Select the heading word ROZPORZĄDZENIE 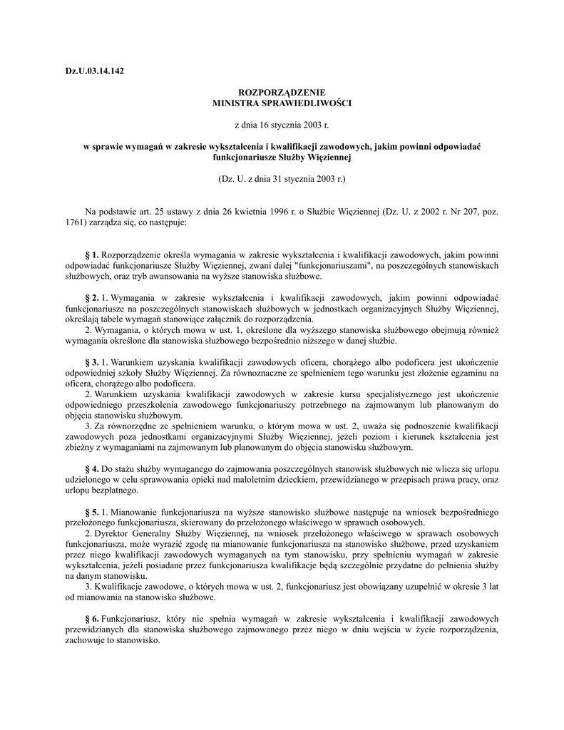pyautogui.click(x=282, y=93)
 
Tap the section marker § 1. pyautogui.click(x=91, y=255)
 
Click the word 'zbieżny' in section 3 pyautogui.click(x=71, y=448)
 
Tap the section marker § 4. pyautogui.click(x=91, y=470)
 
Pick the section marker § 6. pyautogui.click(x=91, y=620)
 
